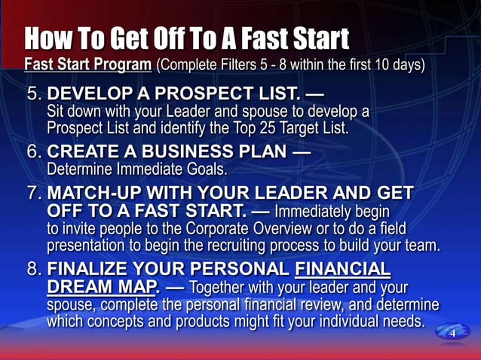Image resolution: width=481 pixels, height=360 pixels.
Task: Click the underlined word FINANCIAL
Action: point(345,270)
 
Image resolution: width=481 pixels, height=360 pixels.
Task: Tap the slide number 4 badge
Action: point(453,333)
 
